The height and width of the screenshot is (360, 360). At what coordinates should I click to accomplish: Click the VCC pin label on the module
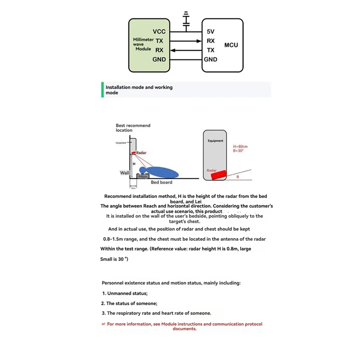tap(159, 31)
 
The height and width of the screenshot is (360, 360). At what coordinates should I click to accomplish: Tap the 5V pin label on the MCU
tap(211, 32)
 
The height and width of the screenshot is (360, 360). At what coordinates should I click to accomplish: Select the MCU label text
tap(231, 45)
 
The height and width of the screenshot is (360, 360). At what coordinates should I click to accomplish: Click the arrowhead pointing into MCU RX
tap(199, 41)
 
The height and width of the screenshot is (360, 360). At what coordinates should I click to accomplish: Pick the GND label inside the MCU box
tap(211, 59)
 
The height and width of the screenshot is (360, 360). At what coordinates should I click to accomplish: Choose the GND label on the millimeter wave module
tap(159, 59)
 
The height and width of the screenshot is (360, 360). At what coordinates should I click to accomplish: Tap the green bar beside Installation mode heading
tap(103, 90)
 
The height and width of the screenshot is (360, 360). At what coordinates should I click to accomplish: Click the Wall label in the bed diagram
tap(124, 172)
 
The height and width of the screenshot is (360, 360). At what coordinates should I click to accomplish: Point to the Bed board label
tap(162, 182)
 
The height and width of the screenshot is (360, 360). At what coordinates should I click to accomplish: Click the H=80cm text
tap(240, 147)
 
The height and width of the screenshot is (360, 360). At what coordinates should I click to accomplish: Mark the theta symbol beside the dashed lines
tap(237, 177)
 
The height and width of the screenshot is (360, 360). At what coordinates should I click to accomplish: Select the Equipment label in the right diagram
tap(216, 141)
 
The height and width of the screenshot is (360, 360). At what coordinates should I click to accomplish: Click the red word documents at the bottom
tap(184, 328)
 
